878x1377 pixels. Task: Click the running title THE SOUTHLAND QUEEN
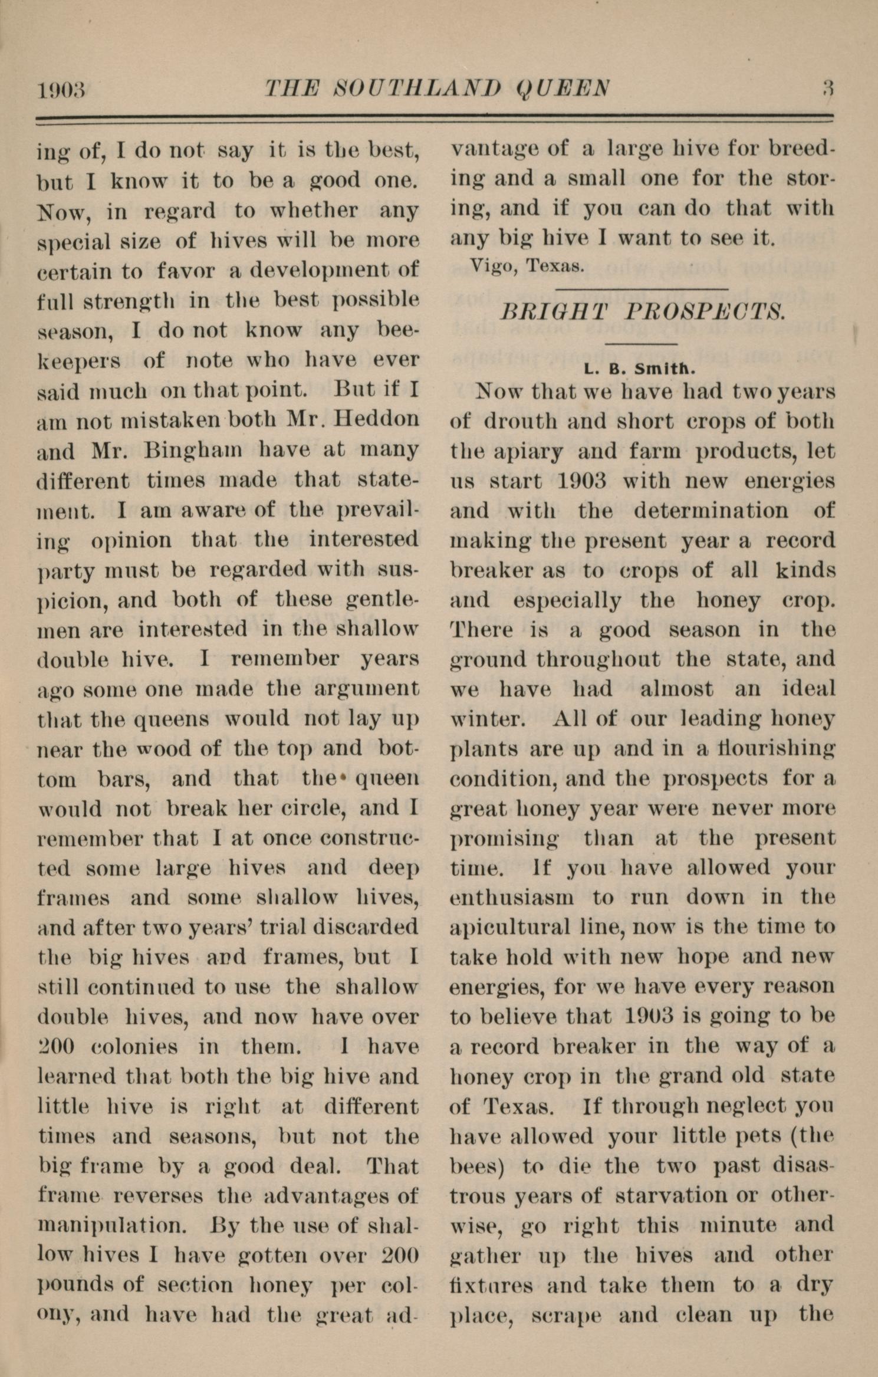pyautogui.click(x=437, y=88)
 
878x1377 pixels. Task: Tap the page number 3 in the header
pyautogui.click(x=827, y=88)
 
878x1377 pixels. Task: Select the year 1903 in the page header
pyautogui.click(x=61, y=90)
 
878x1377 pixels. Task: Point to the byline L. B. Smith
pyautogui.click(x=641, y=370)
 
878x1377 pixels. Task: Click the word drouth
pyautogui.click(x=517, y=421)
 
